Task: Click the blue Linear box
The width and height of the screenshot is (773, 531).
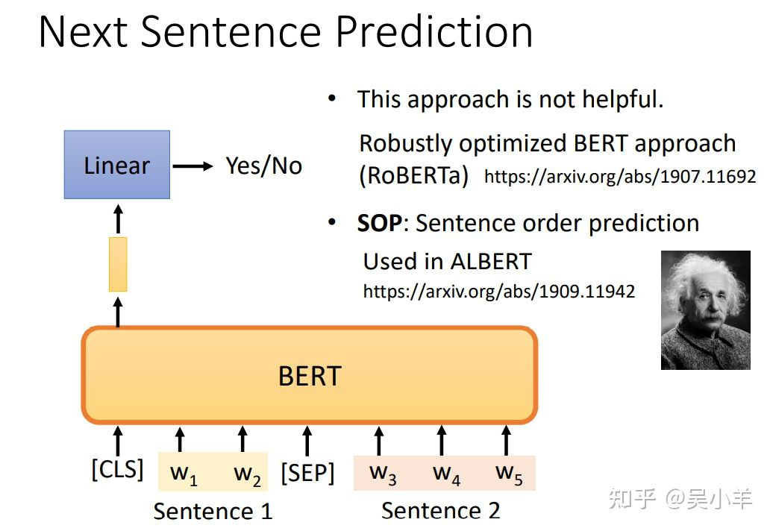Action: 117,165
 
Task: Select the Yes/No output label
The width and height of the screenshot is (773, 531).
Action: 263,166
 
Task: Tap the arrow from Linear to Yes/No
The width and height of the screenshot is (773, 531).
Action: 193,166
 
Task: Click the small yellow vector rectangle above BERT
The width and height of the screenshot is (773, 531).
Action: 118,265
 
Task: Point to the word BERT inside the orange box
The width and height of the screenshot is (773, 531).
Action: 310,377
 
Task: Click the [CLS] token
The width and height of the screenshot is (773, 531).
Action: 117,469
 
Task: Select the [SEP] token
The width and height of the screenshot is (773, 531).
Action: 307,473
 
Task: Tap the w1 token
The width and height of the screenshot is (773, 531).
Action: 184,474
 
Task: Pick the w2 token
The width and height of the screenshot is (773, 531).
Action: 247,474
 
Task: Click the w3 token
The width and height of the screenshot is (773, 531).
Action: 383,474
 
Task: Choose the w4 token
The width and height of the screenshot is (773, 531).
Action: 446,474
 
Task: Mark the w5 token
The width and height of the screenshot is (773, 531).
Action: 509,474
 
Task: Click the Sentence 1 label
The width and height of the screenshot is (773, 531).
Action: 213,511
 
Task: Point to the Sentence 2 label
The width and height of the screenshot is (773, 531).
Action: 441,510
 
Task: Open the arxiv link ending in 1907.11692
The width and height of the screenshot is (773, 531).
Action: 620,176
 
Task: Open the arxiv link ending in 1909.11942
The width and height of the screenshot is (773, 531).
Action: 499,291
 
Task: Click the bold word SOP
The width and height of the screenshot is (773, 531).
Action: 380,223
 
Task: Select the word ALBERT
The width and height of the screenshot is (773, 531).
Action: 490,262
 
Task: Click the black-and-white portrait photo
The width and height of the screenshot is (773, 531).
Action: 705,310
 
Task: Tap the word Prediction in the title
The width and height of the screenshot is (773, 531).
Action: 434,31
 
